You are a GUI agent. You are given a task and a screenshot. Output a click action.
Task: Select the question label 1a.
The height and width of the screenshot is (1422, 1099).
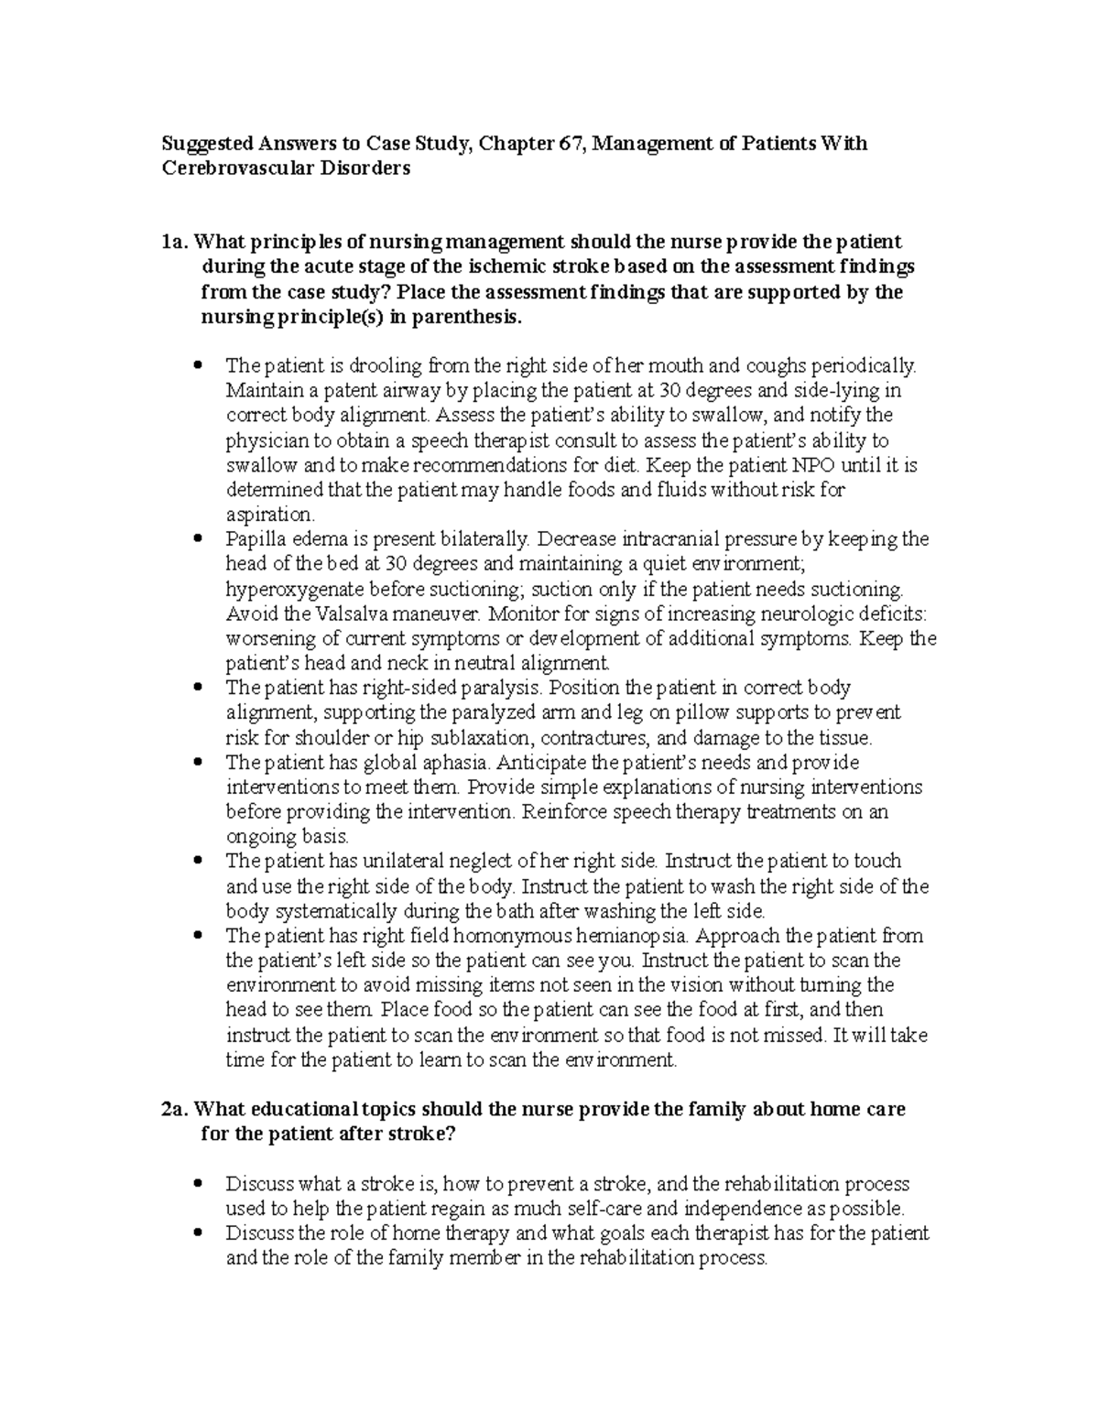click(x=175, y=242)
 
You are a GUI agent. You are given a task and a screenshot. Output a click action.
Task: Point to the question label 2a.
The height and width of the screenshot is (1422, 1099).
click(x=175, y=1109)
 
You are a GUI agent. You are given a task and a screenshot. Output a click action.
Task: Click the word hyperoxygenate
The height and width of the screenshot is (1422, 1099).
click(x=290, y=588)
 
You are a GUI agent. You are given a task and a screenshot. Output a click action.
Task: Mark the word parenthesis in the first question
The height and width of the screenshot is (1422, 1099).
click(x=467, y=318)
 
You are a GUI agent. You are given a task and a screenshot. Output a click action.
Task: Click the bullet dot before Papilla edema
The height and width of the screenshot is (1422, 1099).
click(x=200, y=539)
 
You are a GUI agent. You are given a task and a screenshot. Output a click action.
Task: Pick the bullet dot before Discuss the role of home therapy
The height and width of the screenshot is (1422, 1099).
click(x=200, y=1233)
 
